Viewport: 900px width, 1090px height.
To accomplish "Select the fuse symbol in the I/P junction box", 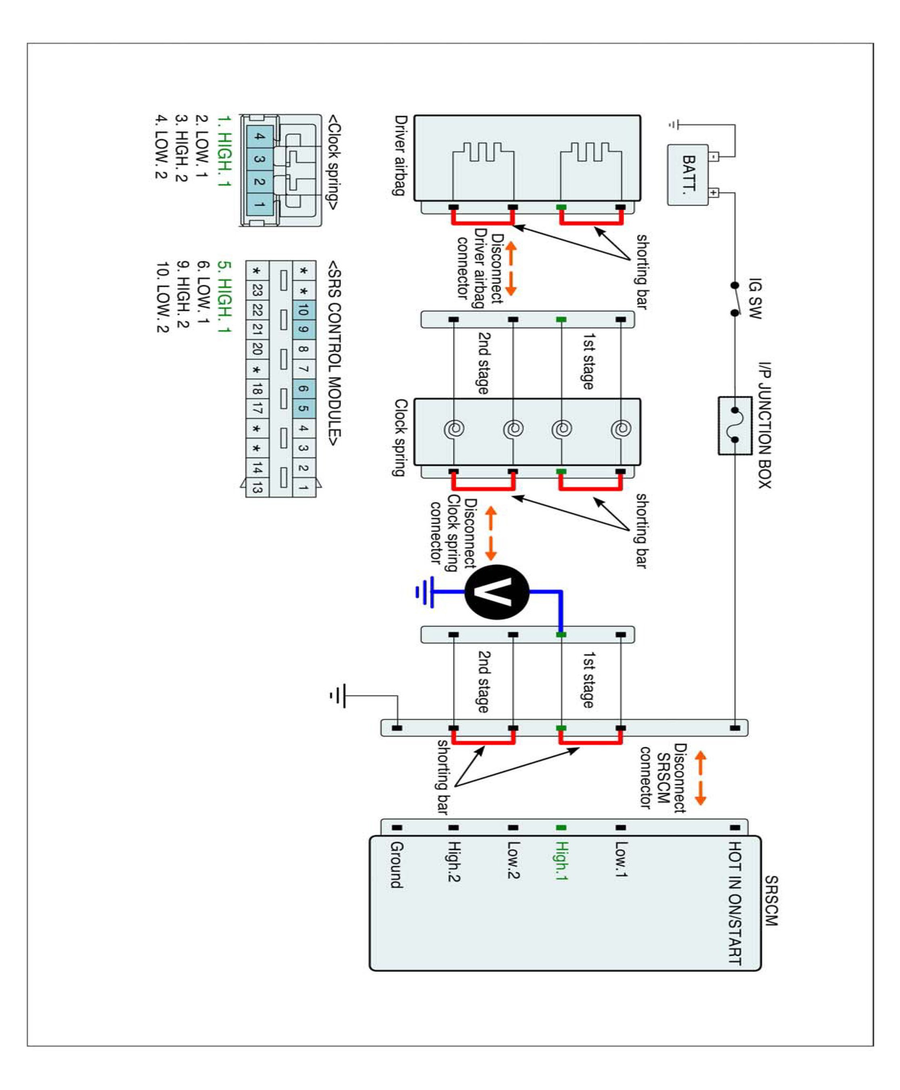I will tap(735, 425).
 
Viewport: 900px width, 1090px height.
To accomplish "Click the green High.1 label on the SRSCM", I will tap(561, 861).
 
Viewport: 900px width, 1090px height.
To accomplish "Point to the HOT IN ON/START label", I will tap(735, 903).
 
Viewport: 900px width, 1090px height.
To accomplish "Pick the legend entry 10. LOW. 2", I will tap(162, 297).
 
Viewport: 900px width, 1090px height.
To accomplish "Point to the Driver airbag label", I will tap(400, 155).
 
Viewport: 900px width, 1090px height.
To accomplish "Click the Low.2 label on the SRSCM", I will tap(513, 860).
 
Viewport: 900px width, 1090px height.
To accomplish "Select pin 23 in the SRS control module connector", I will tap(257, 290).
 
